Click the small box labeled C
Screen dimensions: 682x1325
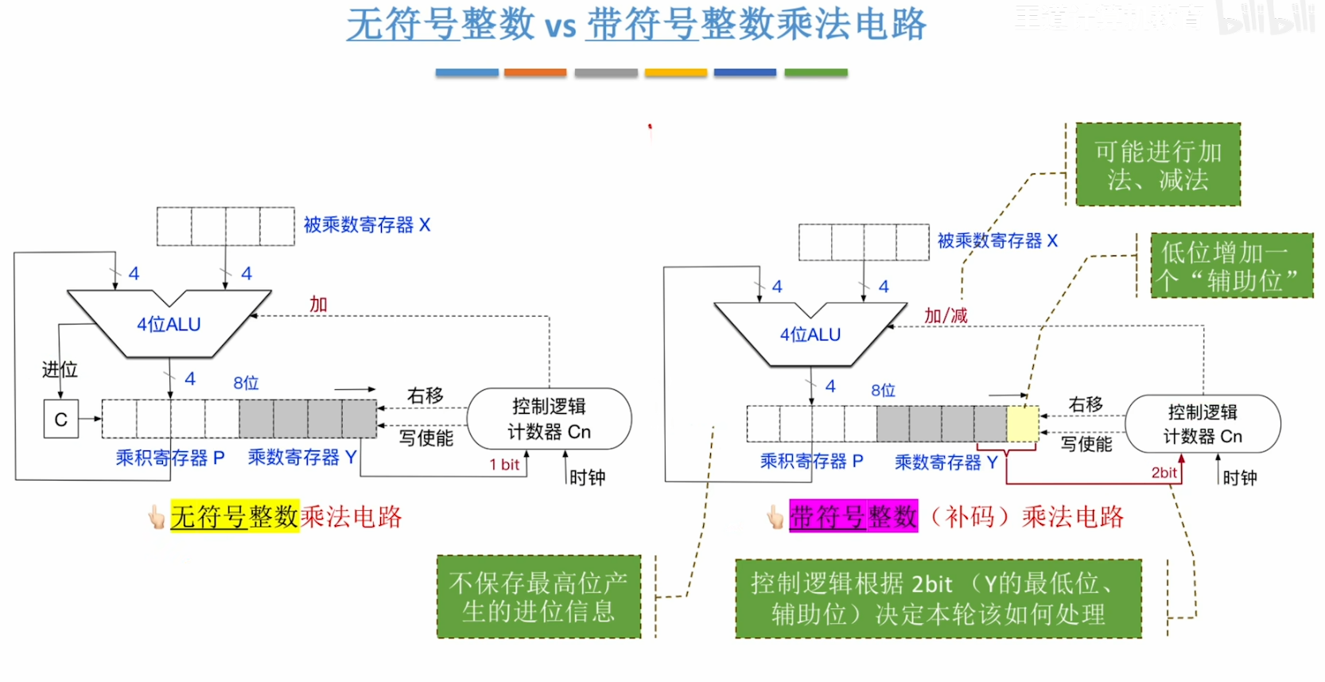tap(61, 419)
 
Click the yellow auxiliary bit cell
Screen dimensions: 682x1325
tap(1023, 423)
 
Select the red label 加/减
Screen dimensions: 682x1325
tap(946, 316)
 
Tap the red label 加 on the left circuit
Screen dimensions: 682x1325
tap(318, 304)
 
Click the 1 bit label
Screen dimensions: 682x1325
tap(504, 465)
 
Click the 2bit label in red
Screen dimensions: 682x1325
tap(1164, 473)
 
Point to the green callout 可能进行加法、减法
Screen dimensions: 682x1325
tap(1158, 165)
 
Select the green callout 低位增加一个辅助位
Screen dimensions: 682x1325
tap(1231, 266)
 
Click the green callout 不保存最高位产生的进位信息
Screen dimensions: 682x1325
tap(538, 597)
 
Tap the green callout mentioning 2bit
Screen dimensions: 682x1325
tap(938, 598)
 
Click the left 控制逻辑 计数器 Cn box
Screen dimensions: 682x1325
tap(549, 419)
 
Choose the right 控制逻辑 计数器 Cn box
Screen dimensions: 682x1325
tap(1203, 423)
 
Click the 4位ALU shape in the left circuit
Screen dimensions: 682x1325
tap(169, 325)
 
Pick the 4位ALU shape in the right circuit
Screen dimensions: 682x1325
tap(810, 335)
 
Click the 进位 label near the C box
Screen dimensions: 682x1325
tap(60, 369)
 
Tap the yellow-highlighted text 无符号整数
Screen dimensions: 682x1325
tap(235, 516)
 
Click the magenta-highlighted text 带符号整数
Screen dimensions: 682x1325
tap(853, 516)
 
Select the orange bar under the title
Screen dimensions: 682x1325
tap(535, 72)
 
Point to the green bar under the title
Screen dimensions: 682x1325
tap(815, 72)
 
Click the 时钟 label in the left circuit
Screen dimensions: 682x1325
tap(588, 477)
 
